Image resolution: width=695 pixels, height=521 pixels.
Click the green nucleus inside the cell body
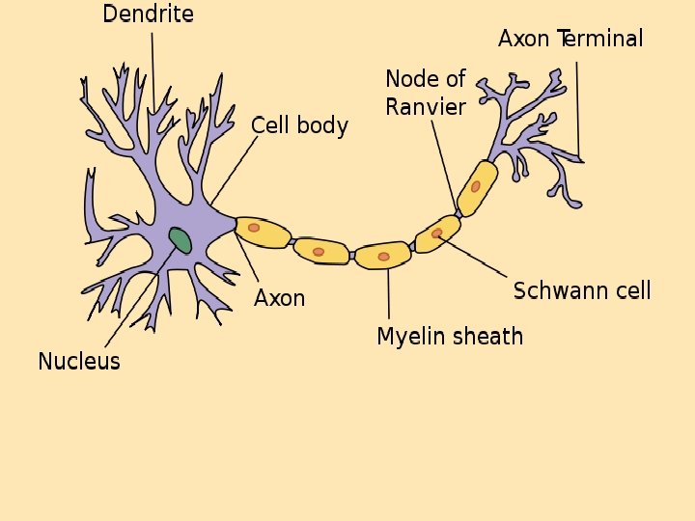coord(180,240)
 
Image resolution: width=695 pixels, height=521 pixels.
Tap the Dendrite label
coord(148,14)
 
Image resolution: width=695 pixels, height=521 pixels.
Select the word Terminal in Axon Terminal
coord(599,39)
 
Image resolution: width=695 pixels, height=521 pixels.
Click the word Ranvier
coord(425,106)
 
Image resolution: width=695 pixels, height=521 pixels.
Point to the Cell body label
coord(299,125)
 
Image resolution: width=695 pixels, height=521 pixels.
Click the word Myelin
coord(405,336)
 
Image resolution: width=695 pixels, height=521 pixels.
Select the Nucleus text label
coord(79,362)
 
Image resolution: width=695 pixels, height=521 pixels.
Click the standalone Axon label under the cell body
coord(279,298)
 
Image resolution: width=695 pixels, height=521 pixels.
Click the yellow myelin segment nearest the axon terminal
coord(477,187)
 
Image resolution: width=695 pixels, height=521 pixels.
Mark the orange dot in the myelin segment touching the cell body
coord(254,228)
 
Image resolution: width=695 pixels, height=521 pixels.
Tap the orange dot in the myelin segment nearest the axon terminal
coord(476,186)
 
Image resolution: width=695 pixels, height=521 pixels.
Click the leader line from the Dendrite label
coord(153,68)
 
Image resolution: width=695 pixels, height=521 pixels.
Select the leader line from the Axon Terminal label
coord(578,106)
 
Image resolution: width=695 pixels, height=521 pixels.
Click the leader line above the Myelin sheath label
coord(389,294)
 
